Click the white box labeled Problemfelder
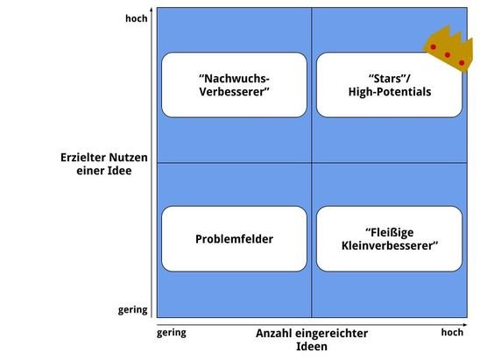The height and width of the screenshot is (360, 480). click(x=234, y=239)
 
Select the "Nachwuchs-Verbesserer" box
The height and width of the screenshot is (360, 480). click(x=234, y=85)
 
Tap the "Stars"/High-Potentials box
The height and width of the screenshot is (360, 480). click(x=389, y=85)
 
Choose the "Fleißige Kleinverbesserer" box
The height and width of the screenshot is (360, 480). click(x=389, y=239)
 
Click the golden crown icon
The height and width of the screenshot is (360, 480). click(x=448, y=49)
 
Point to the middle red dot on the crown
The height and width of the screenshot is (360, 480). click(x=448, y=55)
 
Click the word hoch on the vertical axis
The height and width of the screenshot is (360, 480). click(x=137, y=18)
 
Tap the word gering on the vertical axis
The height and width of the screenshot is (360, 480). click(x=132, y=310)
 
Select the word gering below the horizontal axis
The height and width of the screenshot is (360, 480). click(x=172, y=333)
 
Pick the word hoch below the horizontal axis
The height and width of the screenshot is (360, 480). click(x=452, y=332)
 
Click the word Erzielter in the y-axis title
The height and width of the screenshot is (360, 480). click(x=82, y=158)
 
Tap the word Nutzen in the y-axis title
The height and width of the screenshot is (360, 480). click(x=128, y=158)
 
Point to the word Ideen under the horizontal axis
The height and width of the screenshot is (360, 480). click(x=312, y=347)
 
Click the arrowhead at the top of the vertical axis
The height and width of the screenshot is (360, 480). click(x=152, y=10)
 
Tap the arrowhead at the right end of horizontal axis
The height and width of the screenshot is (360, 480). click(x=465, y=324)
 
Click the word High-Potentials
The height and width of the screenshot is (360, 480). click(x=390, y=92)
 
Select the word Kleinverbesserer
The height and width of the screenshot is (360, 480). click(x=390, y=245)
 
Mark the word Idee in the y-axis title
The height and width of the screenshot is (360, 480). click(x=119, y=171)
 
